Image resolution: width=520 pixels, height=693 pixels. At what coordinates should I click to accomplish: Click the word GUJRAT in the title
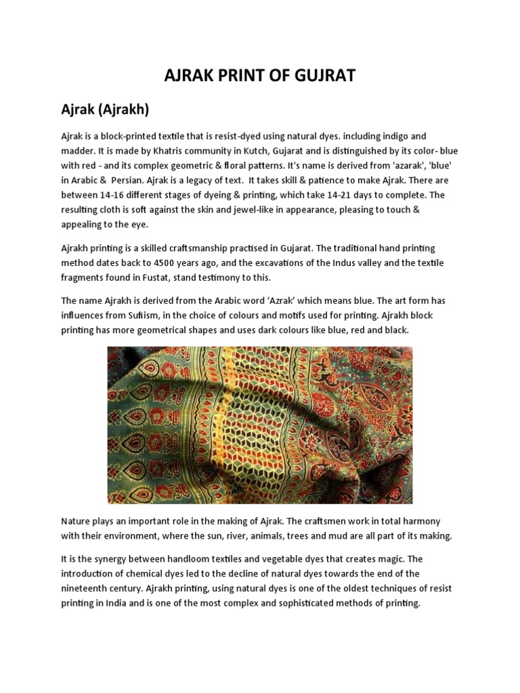click(x=322, y=75)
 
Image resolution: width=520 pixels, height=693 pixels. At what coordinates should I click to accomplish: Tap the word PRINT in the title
click(x=235, y=75)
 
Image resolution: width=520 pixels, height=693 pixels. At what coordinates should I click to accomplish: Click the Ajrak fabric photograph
click(x=259, y=425)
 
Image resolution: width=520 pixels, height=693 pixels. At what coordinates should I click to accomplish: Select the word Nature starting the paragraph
click(x=79, y=521)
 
